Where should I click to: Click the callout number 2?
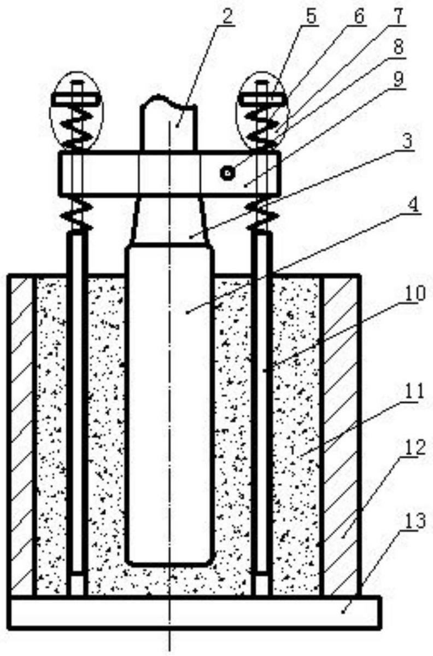228,16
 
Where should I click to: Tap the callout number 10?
414,293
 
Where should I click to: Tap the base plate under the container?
195,612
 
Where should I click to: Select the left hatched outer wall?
21,435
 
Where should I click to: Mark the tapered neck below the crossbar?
169,220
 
